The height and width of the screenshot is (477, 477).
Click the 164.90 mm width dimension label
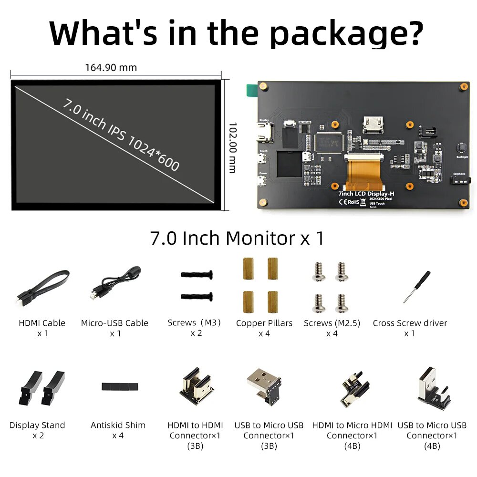pos(111,67)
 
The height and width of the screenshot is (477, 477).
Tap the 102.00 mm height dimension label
pos(232,148)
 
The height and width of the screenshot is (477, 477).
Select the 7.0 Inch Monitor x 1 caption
pos(237,238)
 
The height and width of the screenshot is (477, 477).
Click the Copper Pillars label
pos(264,323)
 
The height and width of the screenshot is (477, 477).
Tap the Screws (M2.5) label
pos(332,323)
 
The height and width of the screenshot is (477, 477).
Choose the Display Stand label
pos(37,425)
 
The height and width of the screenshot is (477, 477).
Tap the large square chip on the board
pos(329,142)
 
